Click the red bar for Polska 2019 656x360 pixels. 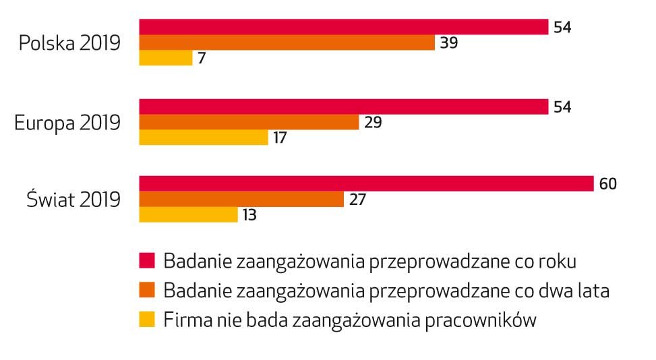coord(343,27)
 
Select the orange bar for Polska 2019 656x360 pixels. coord(287,42)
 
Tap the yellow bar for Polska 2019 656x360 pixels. coord(166,58)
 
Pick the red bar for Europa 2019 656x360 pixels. coord(343,107)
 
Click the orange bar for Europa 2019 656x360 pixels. coord(249,122)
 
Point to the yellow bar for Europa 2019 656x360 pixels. coord(204,138)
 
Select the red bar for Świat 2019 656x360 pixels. coord(366,183)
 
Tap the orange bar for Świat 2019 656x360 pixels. coord(241,199)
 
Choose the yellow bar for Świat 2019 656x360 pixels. coord(188,214)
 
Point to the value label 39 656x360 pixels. coord(449,42)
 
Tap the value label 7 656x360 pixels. coord(202,58)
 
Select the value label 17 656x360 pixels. coord(280,138)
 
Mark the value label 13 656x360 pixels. coord(249,215)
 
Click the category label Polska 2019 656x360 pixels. coord(69,43)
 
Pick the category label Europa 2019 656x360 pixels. coord(67,123)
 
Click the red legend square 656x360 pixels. coord(148,260)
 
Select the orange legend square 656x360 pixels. coord(148,290)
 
